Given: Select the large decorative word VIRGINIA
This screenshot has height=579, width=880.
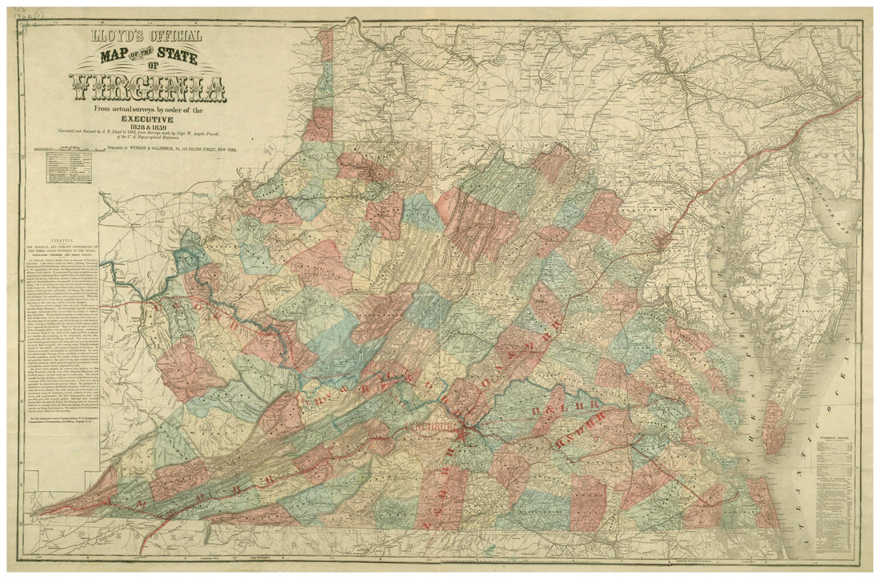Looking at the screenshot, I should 147,87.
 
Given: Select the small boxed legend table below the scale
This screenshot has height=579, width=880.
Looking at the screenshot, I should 69,167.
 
